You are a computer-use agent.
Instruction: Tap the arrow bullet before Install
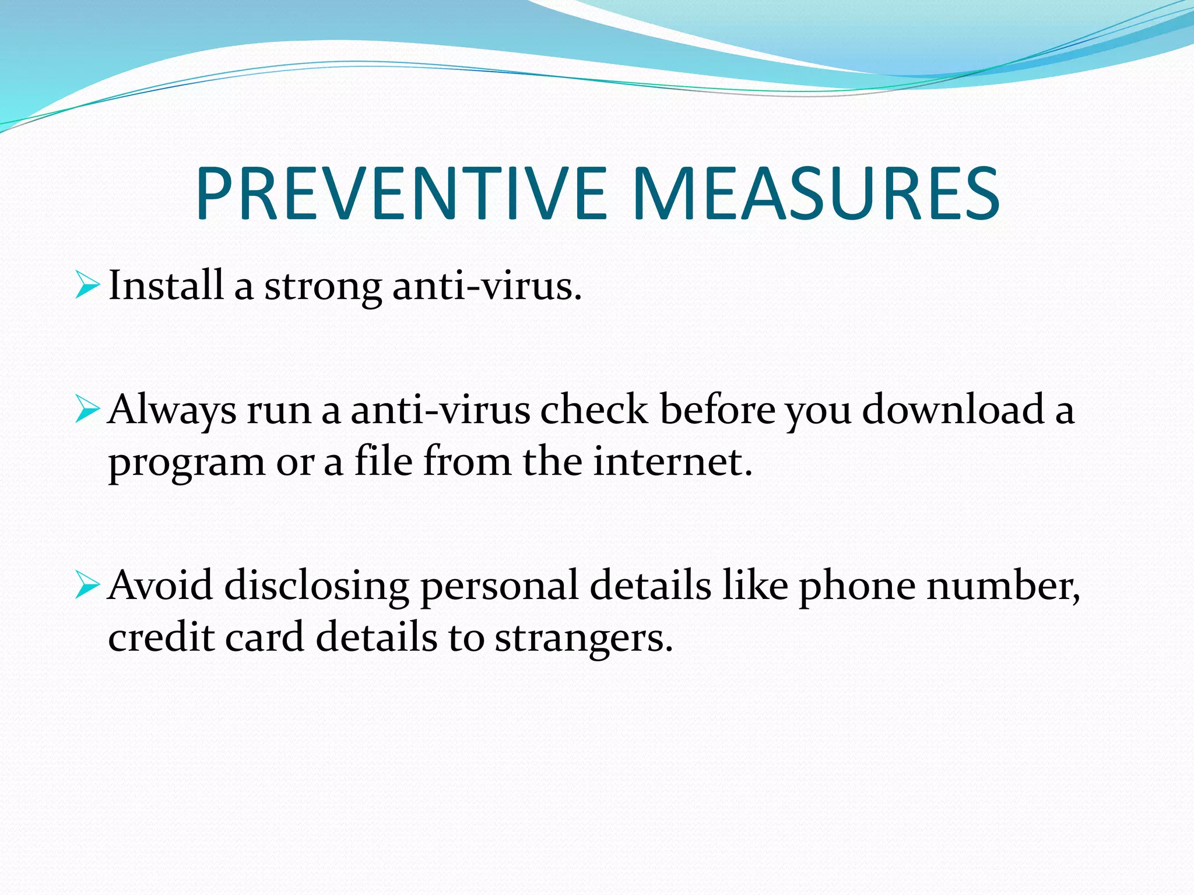[87, 286]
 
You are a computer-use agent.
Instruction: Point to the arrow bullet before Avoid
[87, 586]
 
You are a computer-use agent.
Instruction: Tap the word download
[953, 409]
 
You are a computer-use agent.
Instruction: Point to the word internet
[673, 461]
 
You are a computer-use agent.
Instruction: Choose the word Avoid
[160, 585]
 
